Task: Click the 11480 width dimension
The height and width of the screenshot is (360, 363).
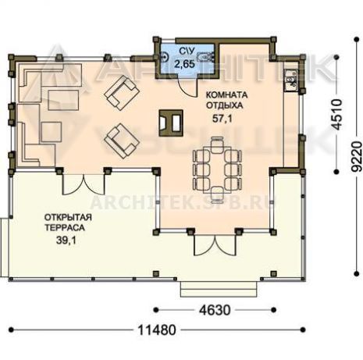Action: pyautogui.click(x=157, y=330)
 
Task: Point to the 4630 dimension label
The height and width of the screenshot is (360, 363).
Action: pyautogui.click(x=215, y=310)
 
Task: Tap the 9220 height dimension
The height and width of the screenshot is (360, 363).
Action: pyautogui.click(x=356, y=156)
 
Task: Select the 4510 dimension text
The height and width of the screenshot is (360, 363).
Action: pyautogui.click(x=337, y=114)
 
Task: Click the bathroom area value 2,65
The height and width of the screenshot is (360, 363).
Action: pyautogui.click(x=184, y=64)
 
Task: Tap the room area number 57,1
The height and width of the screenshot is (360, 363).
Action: pyautogui.click(x=222, y=119)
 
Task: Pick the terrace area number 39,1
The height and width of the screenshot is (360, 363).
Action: pyautogui.click(x=66, y=241)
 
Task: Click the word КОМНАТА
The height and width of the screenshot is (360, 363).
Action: pyautogui.click(x=226, y=95)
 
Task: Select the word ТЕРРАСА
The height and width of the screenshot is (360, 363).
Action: pyautogui.click(x=65, y=228)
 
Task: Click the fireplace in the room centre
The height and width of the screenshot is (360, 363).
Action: pyautogui.click(x=171, y=123)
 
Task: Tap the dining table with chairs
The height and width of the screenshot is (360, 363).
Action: pyautogui.click(x=217, y=169)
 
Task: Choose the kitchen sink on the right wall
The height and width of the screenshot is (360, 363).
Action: pyautogui.click(x=291, y=80)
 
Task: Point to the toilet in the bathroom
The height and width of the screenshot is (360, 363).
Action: pyautogui.click(x=206, y=56)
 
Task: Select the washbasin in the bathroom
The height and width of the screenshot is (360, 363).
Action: pyautogui.click(x=164, y=57)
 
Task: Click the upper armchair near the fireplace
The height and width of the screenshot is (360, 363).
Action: pyautogui.click(x=122, y=92)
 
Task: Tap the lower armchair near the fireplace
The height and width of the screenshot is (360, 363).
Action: pyautogui.click(x=122, y=141)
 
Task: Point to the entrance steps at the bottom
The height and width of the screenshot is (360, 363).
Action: pyautogui.click(x=220, y=289)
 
